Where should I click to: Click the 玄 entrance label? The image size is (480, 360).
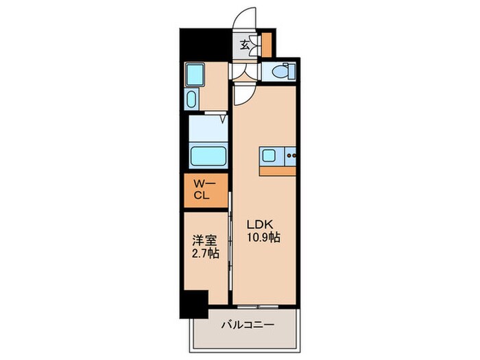[x=245, y=47]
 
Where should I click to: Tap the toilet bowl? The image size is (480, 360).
[x=280, y=71]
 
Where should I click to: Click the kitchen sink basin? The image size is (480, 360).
[x=269, y=156]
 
